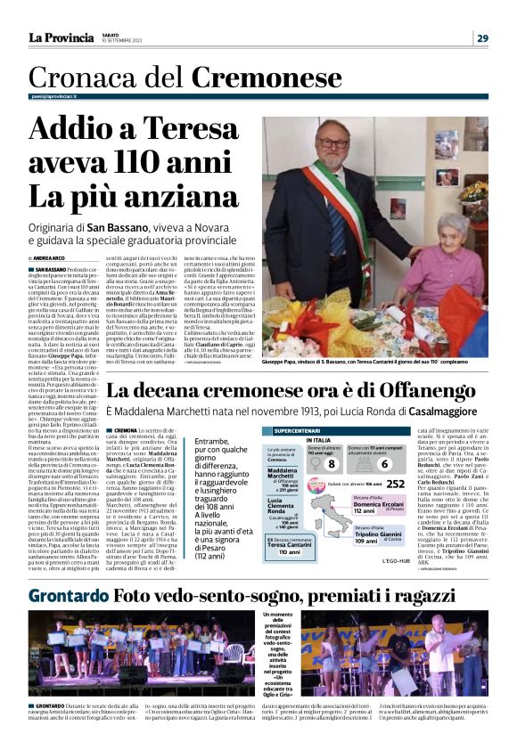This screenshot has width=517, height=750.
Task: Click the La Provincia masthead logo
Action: click(61, 37)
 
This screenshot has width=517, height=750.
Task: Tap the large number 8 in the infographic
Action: click(331, 463)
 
